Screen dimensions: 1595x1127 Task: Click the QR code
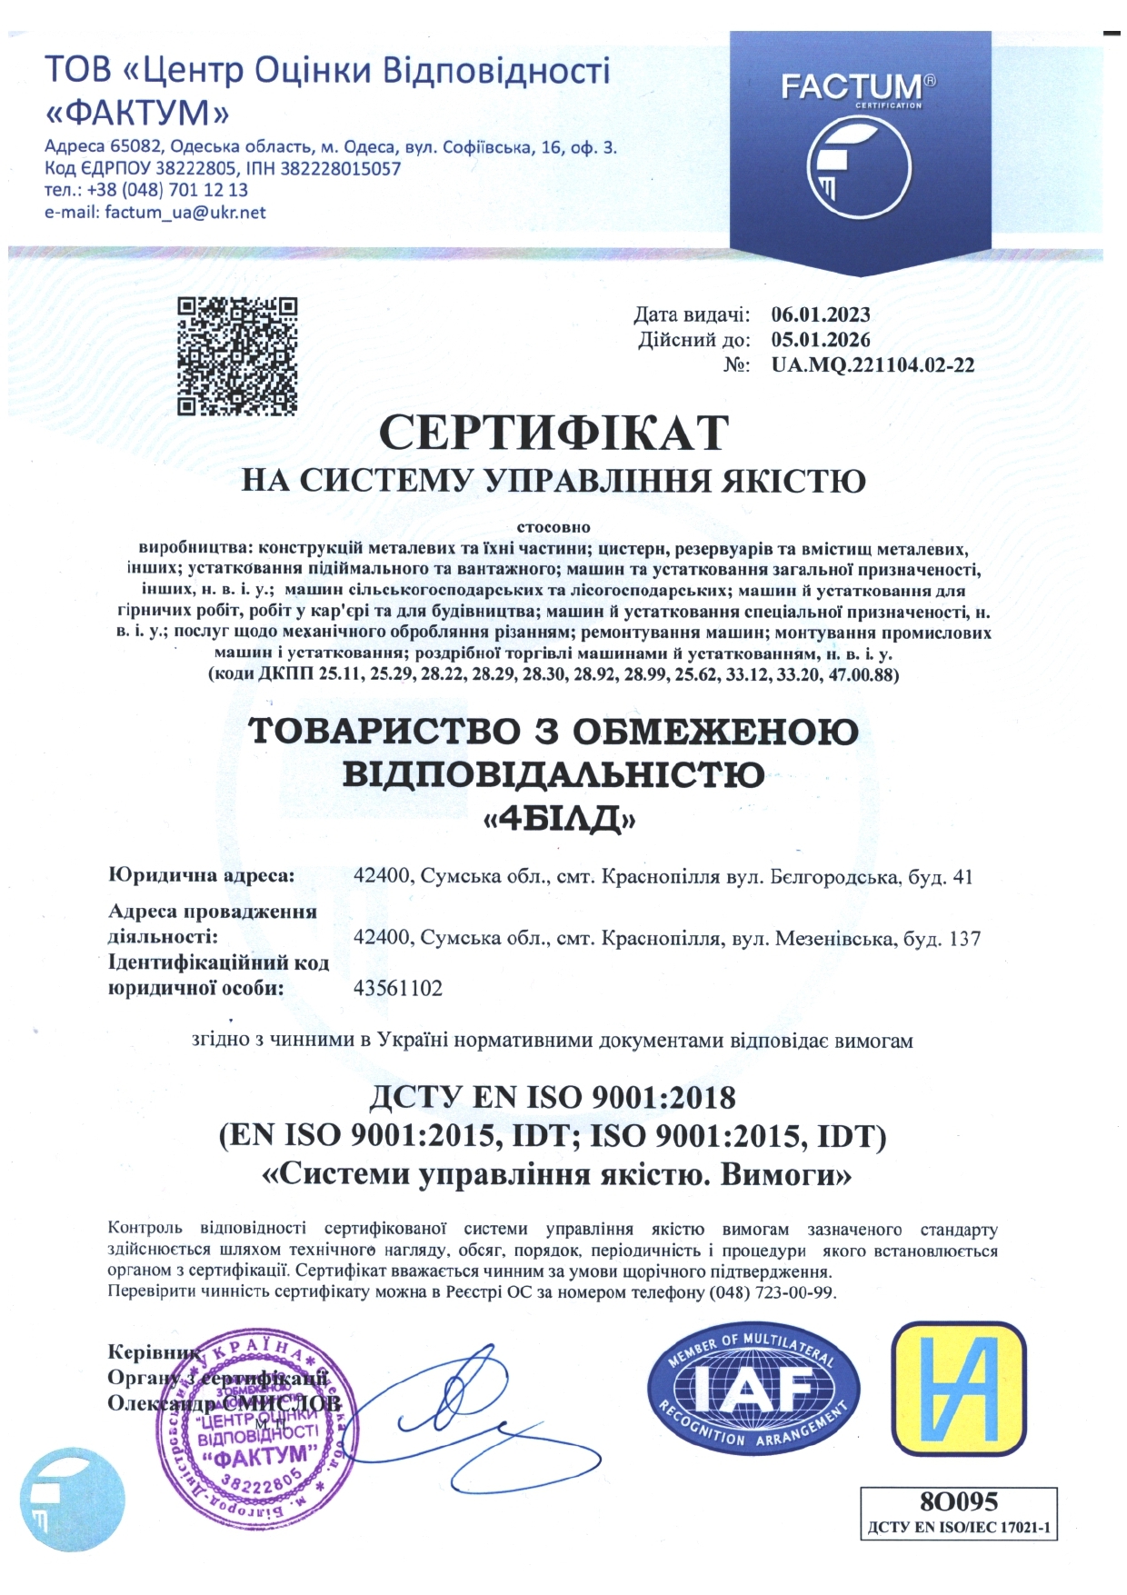237,356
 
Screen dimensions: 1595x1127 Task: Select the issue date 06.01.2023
821,315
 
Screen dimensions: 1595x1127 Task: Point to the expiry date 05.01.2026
821,340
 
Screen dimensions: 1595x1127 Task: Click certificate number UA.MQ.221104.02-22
873,365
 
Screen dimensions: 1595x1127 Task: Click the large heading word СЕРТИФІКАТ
554,433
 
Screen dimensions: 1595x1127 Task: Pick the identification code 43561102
397,988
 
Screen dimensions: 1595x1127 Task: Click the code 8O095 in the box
958,1500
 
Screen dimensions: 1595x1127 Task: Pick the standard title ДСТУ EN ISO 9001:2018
553,1098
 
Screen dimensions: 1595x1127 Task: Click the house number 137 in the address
964,938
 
